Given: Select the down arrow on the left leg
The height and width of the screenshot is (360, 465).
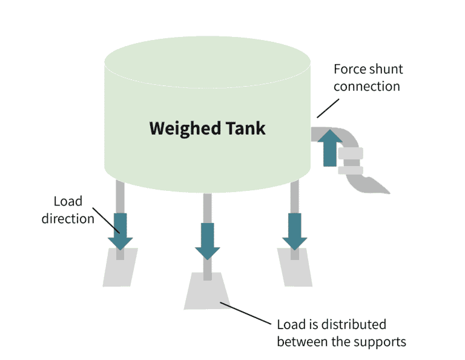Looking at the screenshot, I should [x=120, y=231].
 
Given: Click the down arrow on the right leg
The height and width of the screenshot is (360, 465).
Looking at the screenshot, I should [x=295, y=231].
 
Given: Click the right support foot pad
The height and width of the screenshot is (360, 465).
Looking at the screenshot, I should [x=295, y=267].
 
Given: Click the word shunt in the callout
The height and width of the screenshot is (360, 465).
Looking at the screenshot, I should [x=384, y=69].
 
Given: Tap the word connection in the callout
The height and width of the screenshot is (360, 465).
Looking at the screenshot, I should [x=366, y=86].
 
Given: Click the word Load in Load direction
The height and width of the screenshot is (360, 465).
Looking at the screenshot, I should [x=67, y=201].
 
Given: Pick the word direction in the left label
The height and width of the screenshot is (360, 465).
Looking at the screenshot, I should [x=67, y=218].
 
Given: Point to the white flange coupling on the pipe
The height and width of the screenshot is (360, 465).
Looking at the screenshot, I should [x=349, y=161].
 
